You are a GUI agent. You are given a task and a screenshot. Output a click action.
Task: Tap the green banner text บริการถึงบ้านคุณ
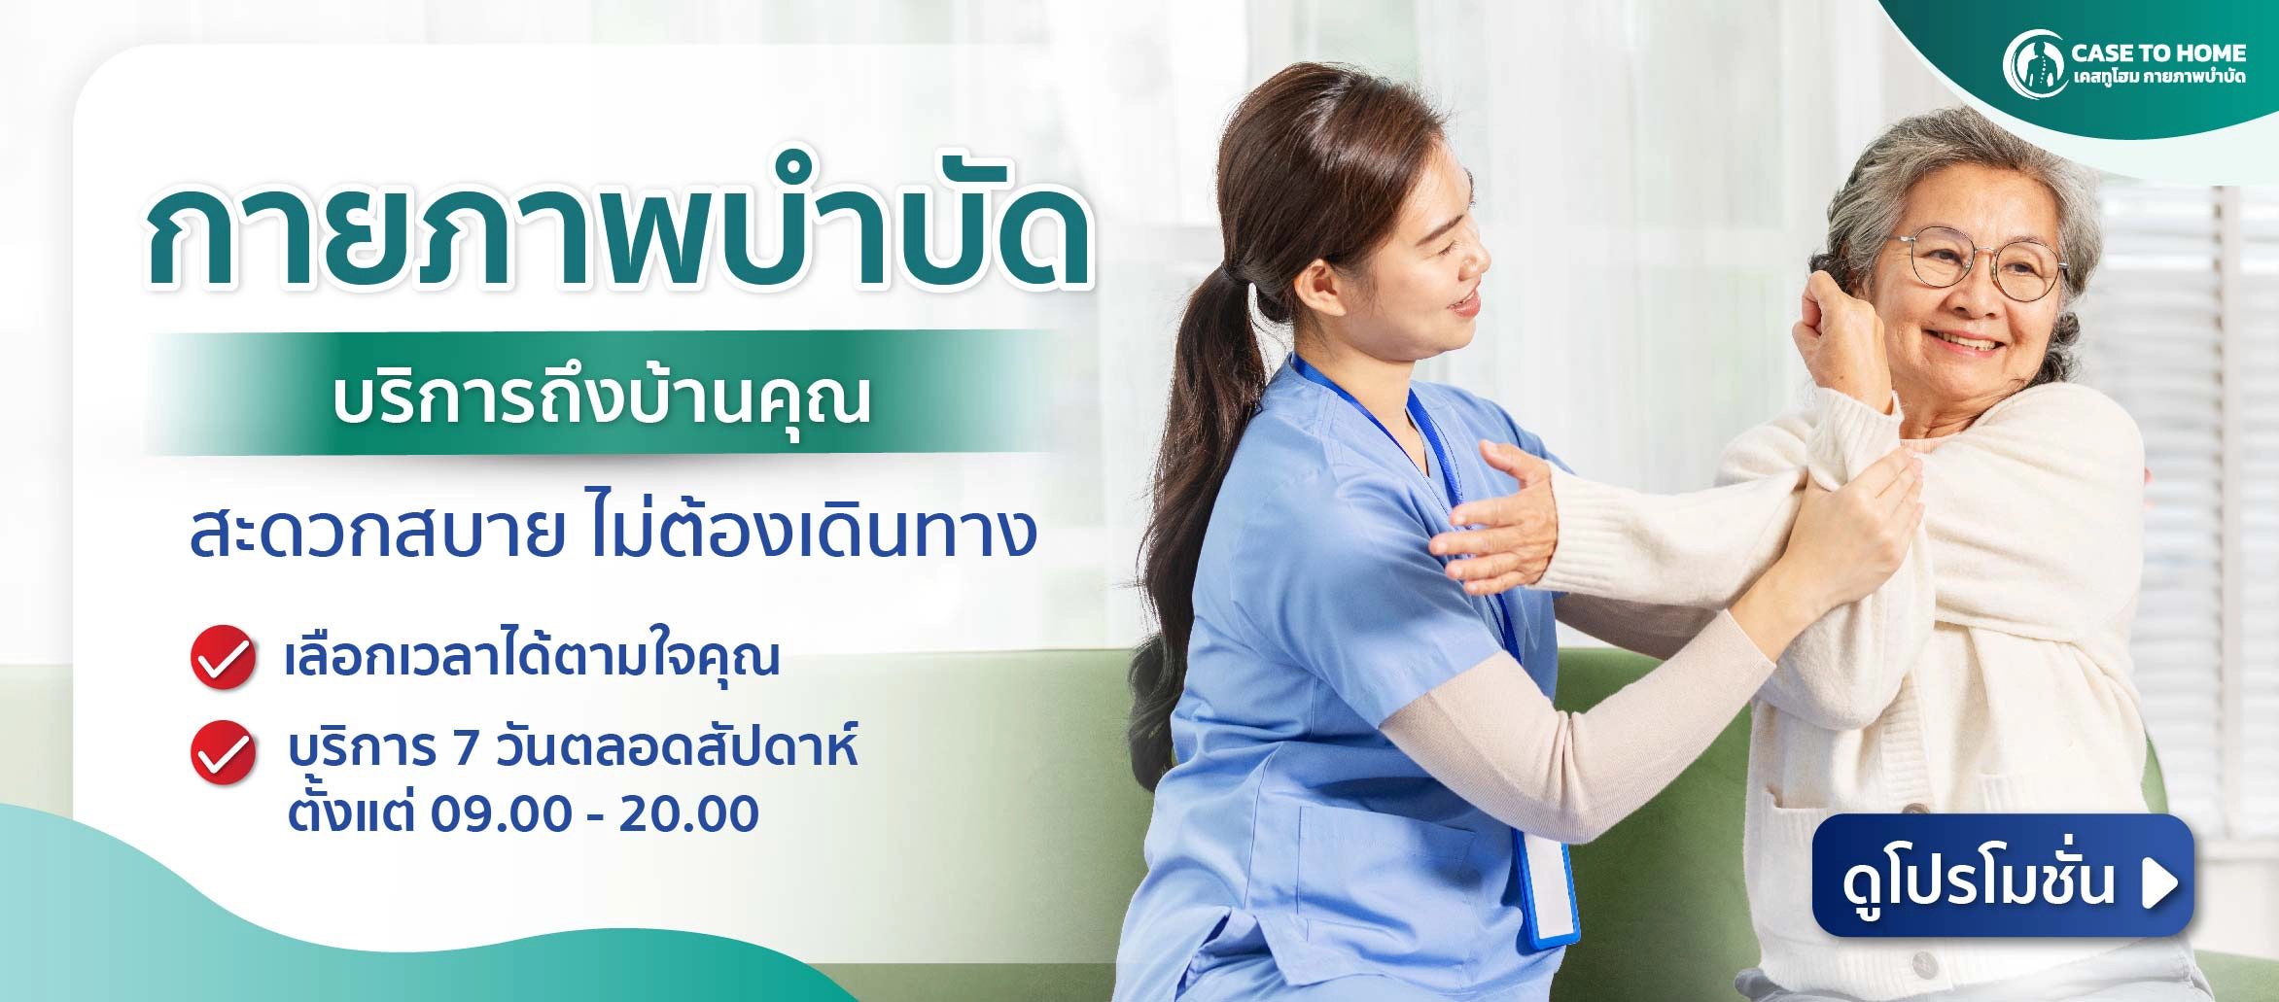601,399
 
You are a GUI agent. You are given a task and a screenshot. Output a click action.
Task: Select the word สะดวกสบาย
377,534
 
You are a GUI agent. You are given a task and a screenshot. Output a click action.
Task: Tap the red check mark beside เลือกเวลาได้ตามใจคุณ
223,658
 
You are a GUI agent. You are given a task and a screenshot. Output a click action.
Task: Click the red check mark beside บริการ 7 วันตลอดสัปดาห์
223,752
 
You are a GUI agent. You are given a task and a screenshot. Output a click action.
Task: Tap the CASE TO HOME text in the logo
2158,52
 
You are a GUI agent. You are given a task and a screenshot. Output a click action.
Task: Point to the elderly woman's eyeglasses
1979,263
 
